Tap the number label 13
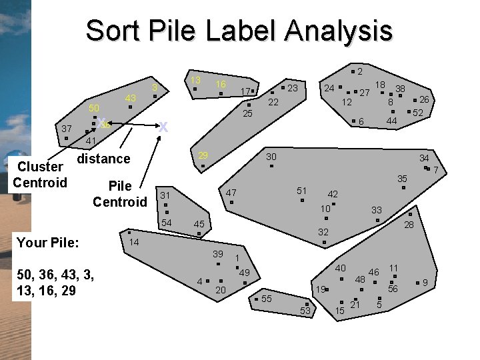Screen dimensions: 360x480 point(195,80)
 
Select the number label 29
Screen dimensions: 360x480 point(203,155)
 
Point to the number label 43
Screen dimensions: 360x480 point(131,98)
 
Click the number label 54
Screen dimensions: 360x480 point(167,222)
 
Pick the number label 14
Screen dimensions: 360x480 point(134,242)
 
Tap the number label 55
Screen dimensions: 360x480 point(266,298)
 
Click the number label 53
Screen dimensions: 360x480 point(306,311)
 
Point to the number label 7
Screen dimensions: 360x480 point(435,171)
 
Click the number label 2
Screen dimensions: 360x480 point(359,71)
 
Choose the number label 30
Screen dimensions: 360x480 point(271,157)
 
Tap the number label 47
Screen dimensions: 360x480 point(231,193)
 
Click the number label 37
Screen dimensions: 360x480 point(66,128)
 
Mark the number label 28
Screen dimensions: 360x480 point(409,225)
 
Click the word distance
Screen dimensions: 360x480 point(103,159)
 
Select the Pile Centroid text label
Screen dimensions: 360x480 point(120,193)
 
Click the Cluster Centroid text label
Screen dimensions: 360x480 point(40,175)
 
